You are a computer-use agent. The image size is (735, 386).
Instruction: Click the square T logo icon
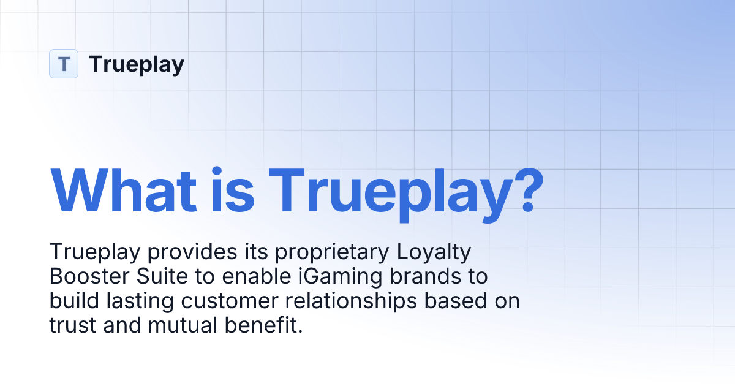(x=64, y=64)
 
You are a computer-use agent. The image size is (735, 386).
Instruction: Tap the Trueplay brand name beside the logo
(x=136, y=64)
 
